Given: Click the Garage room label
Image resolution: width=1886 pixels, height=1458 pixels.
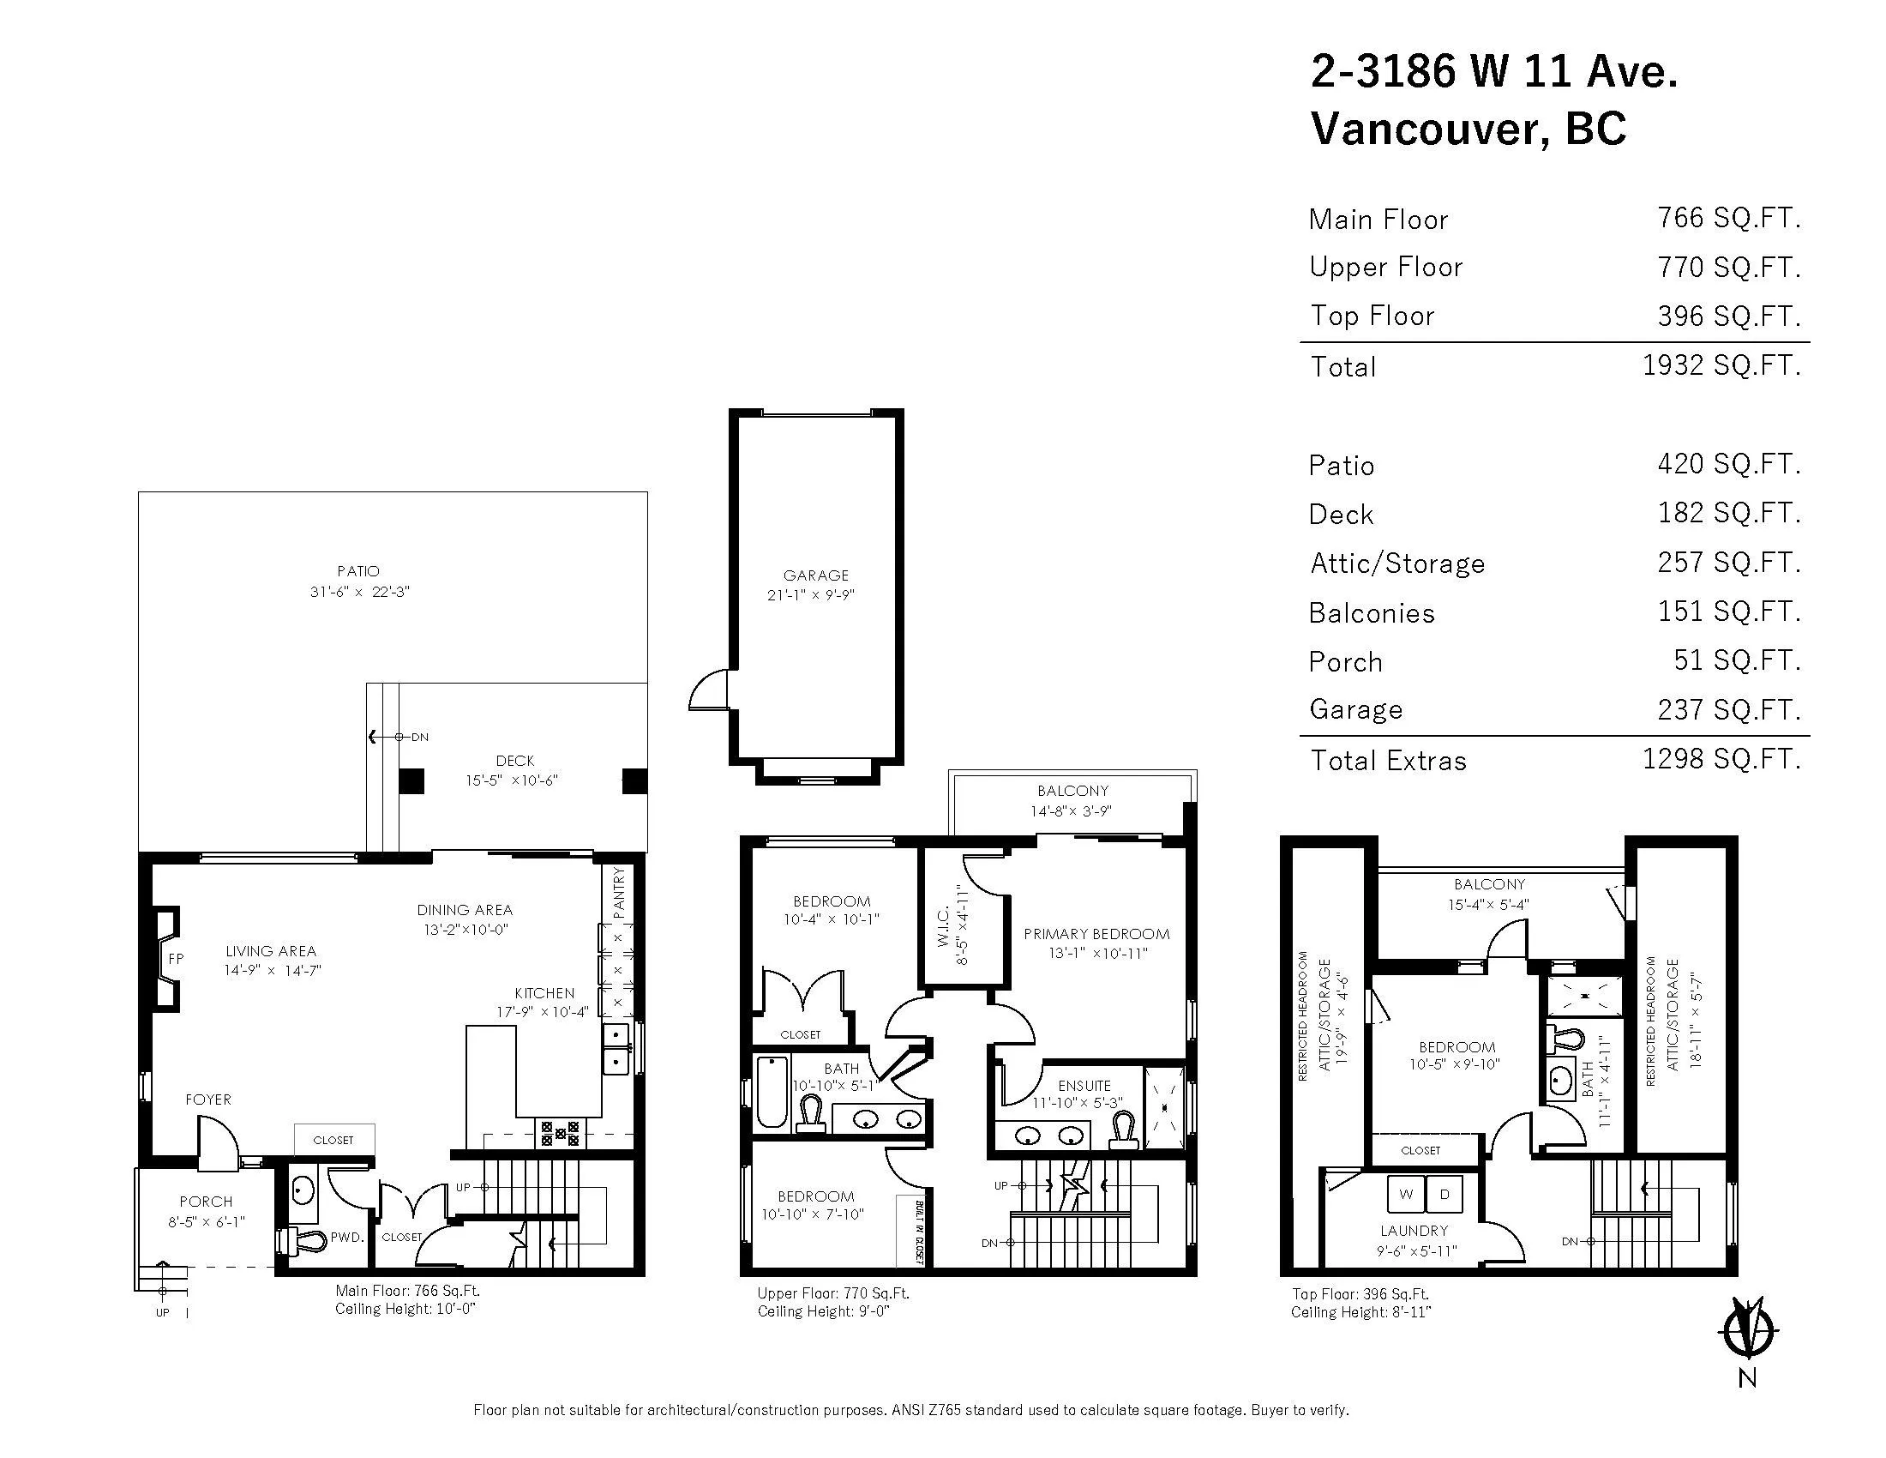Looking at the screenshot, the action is click(815, 575).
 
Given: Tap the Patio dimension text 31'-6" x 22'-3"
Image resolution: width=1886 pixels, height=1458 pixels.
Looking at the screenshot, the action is click(359, 593).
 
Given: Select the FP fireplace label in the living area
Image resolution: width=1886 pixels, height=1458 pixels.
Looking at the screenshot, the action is click(176, 959).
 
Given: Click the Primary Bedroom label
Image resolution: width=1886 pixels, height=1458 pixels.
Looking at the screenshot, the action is click(1096, 934).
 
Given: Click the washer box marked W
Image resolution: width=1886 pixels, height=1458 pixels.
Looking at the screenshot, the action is click(1406, 1195).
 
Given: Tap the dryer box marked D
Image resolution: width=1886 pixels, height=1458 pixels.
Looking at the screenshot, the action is click(1445, 1195).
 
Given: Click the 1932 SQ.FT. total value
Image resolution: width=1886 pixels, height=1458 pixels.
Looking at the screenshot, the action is click(1721, 365).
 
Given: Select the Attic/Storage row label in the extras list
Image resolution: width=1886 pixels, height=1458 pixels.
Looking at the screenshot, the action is click(1397, 563).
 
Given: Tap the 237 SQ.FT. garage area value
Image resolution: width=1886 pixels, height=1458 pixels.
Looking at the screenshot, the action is click(1729, 709).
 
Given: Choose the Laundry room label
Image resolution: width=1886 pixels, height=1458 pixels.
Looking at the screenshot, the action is click(1414, 1231).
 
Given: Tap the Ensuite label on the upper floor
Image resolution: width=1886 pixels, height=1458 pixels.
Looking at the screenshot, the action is click(1084, 1086).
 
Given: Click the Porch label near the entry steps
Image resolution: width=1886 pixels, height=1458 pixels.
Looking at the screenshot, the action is click(206, 1202).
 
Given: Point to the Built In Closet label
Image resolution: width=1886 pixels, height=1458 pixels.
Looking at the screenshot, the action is click(919, 1232).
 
